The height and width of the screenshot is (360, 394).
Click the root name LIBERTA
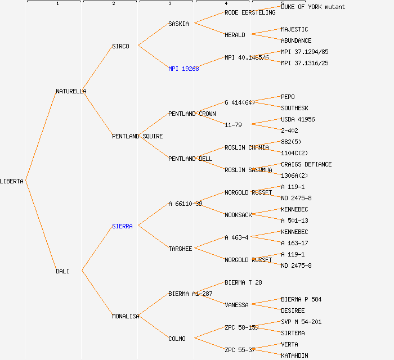[x=12, y=181]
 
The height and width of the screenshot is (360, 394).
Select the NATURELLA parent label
[x=71, y=91]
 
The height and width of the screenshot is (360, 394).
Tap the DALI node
[x=62, y=271]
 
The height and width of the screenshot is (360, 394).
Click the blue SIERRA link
[x=122, y=226]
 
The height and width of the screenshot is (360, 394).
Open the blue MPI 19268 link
[x=183, y=69]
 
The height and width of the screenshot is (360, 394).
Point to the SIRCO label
[x=120, y=46]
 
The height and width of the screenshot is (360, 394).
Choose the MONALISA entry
[x=126, y=316]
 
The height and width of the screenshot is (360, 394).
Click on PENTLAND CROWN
[x=192, y=114]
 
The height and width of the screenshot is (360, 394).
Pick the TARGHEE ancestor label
[x=180, y=249]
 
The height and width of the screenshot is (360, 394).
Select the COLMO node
[x=177, y=339]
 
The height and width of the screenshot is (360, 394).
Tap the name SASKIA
[x=178, y=24]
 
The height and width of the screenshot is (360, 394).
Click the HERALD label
[x=235, y=35]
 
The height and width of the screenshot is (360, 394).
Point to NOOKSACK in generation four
[x=238, y=215]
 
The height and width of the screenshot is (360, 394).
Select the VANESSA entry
[x=236, y=305]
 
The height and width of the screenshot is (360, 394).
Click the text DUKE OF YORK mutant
[x=313, y=7]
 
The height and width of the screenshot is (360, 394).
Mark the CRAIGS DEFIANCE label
[x=306, y=164]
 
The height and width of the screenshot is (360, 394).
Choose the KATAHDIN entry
[x=294, y=355]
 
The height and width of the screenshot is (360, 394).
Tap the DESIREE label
[x=293, y=310]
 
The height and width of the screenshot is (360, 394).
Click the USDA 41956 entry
[x=298, y=119]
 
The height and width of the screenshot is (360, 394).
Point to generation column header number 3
[x=169, y=4]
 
